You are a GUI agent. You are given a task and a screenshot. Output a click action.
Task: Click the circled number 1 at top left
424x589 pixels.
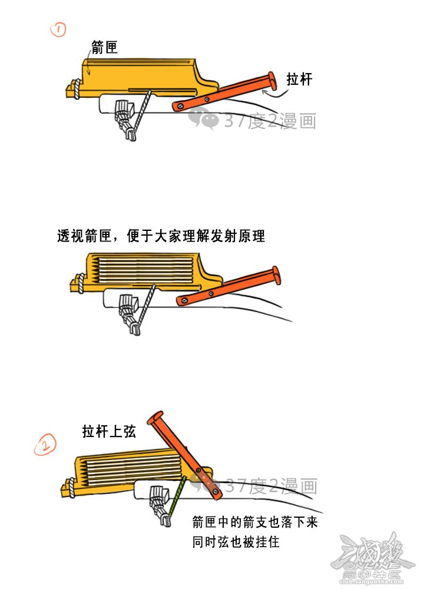58,29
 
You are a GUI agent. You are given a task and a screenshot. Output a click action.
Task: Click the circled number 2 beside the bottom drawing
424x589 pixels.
45,444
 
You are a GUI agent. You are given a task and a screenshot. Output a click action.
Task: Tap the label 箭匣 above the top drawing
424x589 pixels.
104,47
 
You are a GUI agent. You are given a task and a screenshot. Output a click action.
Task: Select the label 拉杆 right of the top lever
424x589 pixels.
299,80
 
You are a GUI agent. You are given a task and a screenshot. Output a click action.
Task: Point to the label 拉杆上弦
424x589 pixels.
109,431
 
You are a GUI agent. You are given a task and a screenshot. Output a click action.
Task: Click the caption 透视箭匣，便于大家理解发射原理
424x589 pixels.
161,236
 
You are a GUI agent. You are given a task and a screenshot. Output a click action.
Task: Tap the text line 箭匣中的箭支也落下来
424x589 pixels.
255,522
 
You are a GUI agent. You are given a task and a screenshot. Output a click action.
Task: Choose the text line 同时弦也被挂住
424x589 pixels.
236,542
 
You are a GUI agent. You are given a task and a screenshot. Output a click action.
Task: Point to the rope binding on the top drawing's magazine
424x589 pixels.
77,89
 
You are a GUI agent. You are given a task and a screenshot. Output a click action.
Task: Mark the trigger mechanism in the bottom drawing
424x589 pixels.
160,505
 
